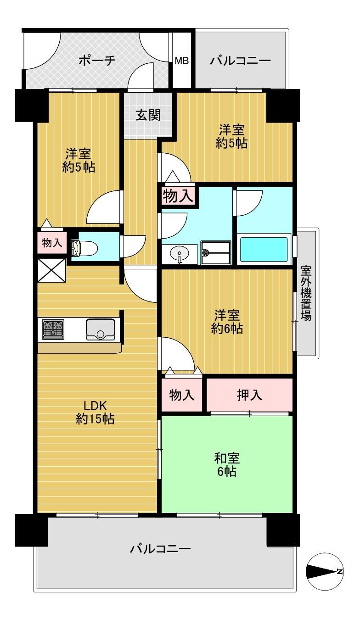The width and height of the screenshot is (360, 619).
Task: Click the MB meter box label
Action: click(182, 61)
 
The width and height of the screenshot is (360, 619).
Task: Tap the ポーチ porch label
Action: click(97, 61)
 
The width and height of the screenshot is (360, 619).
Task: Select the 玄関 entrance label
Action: click(148, 115)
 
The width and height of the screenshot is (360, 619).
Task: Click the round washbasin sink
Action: click(180, 252)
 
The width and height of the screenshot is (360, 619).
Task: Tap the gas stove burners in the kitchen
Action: click(53, 329)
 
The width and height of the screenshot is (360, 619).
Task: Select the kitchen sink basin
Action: click(101, 329)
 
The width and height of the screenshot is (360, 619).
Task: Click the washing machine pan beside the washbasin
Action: click(216, 252)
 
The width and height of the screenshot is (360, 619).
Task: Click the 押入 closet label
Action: click(249, 396)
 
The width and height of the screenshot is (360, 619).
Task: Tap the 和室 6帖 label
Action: click(227, 465)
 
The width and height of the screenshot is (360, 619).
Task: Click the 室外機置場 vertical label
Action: click(306, 293)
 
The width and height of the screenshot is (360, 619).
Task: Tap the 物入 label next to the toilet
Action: click(52, 243)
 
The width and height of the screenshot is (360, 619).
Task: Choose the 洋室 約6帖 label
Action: click(227, 322)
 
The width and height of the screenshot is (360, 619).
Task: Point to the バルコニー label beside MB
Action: click(240, 61)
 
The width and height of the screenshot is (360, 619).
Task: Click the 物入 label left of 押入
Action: click(182, 395)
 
